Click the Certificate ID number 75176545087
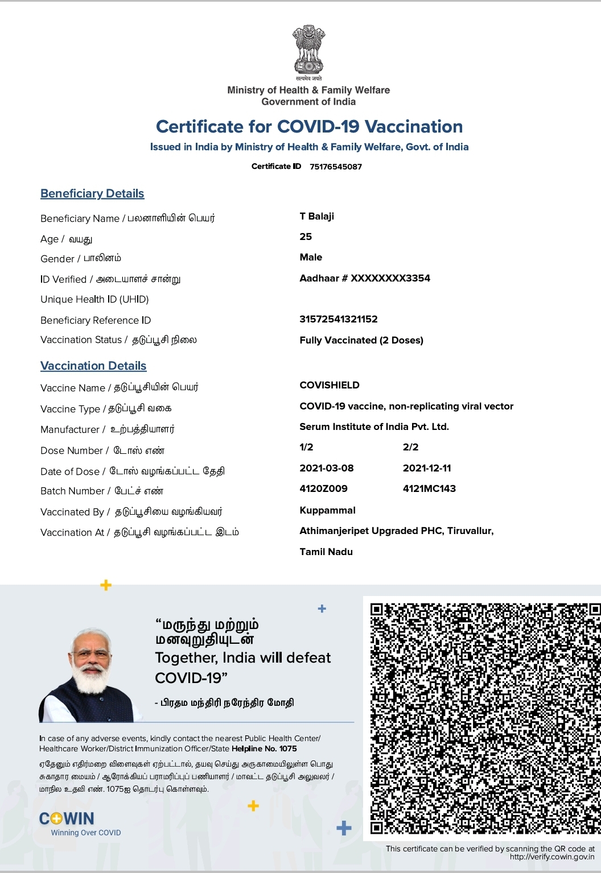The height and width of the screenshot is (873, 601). [x=336, y=167]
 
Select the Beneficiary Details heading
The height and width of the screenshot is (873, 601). [x=92, y=193]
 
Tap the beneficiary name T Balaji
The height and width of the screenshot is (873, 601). [x=317, y=216]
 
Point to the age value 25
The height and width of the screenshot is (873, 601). [x=306, y=237]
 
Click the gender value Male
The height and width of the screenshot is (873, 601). [x=311, y=257]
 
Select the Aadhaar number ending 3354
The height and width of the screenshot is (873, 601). [x=365, y=278]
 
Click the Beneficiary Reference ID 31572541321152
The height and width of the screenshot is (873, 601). [x=339, y=319]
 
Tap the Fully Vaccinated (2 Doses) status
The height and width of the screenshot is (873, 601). [x=361, y=340]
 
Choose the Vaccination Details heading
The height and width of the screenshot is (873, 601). [x=93, y=366]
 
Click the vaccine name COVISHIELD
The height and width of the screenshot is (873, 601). [x=330, y=385]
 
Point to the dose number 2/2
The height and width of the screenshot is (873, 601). [x=410, y=447]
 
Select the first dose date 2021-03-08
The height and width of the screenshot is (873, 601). [x=327, y=468]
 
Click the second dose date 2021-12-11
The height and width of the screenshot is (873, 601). [x=427, y=468]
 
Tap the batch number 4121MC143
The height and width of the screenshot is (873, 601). [x=429, y=489]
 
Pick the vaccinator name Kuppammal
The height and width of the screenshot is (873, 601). [x=327, y=510]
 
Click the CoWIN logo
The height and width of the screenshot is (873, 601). [x=67, y=819]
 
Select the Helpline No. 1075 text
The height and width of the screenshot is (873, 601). [x=264, y=748]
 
